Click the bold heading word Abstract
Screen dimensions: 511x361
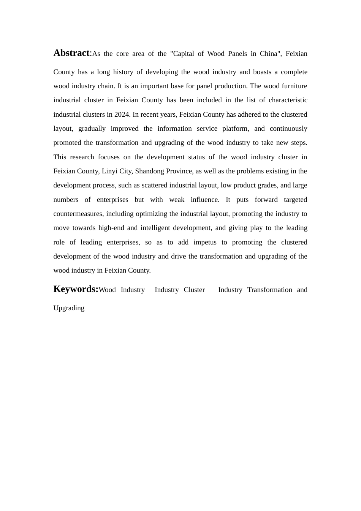(x=71, y=53)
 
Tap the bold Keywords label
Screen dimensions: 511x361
(x=75, y=289)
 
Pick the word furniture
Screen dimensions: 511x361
(x=294, y=86)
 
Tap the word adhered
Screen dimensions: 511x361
(x=257, y=114)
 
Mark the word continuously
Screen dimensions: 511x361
(x=288, y=129)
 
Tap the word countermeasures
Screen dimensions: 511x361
(x=78, y=214)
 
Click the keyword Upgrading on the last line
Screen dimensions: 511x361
(x=69, y=308)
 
